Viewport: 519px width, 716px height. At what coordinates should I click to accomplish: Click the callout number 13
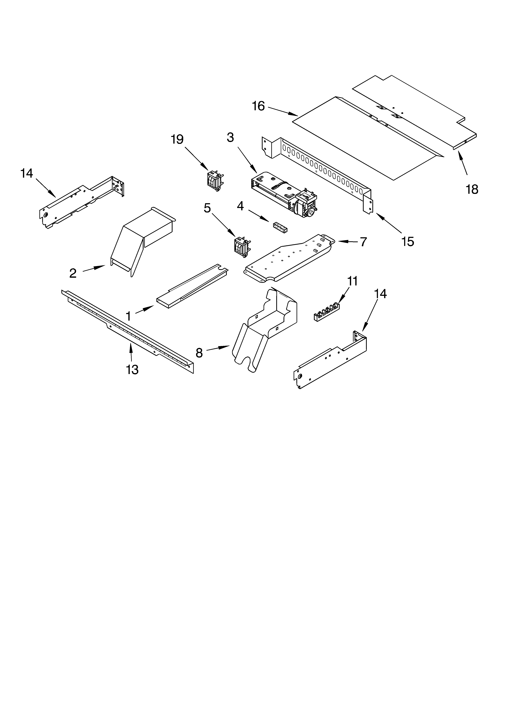(x=132, y=369)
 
